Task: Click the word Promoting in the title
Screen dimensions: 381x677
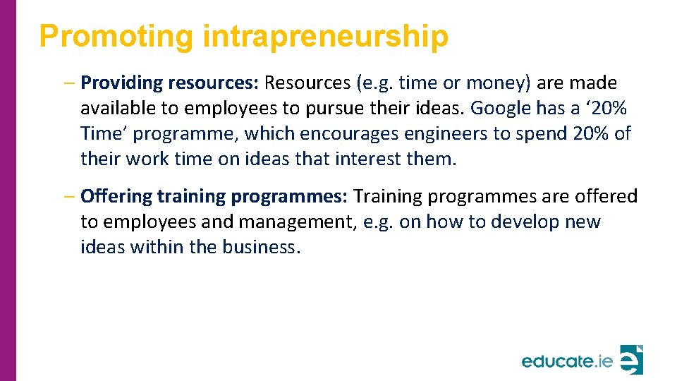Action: coord(116,37)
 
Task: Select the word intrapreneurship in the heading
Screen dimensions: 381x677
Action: coord(325,37)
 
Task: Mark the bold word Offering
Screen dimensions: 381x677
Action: coord(116,196)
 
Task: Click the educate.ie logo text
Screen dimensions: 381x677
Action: coord(567,361)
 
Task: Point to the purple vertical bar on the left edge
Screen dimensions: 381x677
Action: coord(8,190)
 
